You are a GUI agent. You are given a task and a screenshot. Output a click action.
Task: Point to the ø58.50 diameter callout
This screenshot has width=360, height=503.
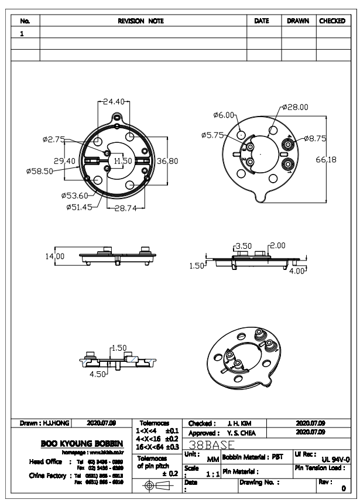point(40,171)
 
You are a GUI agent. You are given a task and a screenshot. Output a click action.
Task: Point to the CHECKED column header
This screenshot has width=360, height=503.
point(332,21)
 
